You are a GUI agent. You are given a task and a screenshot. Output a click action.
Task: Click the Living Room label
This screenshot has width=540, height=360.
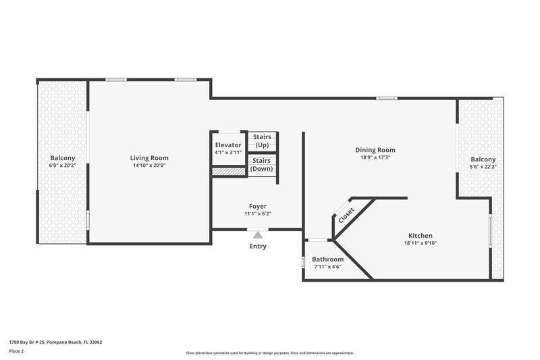(x=149, y=158)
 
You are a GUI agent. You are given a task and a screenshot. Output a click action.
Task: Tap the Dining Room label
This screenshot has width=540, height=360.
(x=375, y=150)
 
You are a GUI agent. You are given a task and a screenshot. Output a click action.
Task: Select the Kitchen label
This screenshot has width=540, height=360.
(x=420, y=236)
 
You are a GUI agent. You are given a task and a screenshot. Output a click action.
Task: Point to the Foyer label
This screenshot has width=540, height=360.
(x=257, y=206)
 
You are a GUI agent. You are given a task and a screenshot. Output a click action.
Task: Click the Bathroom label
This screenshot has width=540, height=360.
(x=327, y=259)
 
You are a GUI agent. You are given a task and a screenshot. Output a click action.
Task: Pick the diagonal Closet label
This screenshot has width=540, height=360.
(x=346, y=215)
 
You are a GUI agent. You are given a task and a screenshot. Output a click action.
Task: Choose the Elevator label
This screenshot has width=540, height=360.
(x=228, y=145)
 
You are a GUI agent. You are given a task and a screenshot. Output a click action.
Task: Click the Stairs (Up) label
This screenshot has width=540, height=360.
(x=262, y=141)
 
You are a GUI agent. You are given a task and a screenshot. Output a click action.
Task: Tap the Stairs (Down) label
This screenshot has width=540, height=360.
(x=262, y=164)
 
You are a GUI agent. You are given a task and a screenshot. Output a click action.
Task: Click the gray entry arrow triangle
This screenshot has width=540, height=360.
(x=257, y=235)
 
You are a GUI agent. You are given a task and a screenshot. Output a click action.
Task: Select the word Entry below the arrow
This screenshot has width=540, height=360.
(x=258, y=247)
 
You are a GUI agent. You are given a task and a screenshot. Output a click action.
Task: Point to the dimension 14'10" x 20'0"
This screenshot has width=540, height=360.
(x=149, y=165)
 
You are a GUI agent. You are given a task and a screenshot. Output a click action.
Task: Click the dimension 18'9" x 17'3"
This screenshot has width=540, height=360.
(x=375, y=157)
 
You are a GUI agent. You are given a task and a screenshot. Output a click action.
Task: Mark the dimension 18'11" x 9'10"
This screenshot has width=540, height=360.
(x=420, y=243)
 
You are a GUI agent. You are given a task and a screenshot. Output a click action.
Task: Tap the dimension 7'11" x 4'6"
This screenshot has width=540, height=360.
(x=327, y=267)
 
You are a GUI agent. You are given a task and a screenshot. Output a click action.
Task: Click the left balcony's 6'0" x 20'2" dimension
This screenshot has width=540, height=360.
(x=62, y=165)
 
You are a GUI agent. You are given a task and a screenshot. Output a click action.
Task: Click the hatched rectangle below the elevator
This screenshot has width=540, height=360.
(x=228, y=172)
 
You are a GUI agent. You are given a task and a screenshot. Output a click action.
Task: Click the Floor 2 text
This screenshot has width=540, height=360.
(x=16, y=351)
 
